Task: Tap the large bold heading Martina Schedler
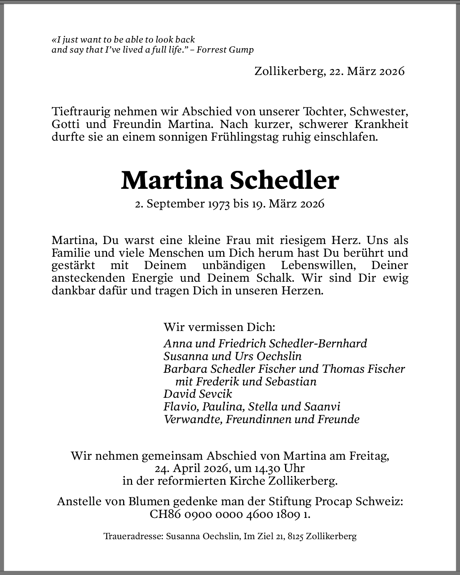pos(230,181)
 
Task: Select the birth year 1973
pos(218,204)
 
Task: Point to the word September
pos(174,204)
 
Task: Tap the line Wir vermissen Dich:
pos(219,327)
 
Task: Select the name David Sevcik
pos(198,394)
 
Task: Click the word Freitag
pos(369,456)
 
